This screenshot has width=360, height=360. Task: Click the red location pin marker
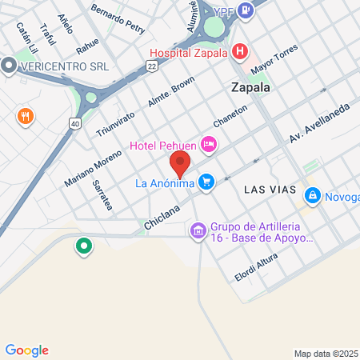click(180, 164)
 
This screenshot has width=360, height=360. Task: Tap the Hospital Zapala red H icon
click(239, 54)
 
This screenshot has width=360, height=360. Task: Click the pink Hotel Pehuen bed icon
click(208, 145)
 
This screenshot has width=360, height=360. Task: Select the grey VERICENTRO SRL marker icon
click(9, 66)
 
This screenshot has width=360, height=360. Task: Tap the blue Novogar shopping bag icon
click(311, 194)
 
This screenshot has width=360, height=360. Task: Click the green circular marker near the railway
click(82, 246)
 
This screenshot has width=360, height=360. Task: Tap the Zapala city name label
click(250, 87)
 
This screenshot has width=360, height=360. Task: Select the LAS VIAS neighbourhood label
click(270, 190)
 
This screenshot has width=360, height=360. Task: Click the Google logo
click(26, 350)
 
